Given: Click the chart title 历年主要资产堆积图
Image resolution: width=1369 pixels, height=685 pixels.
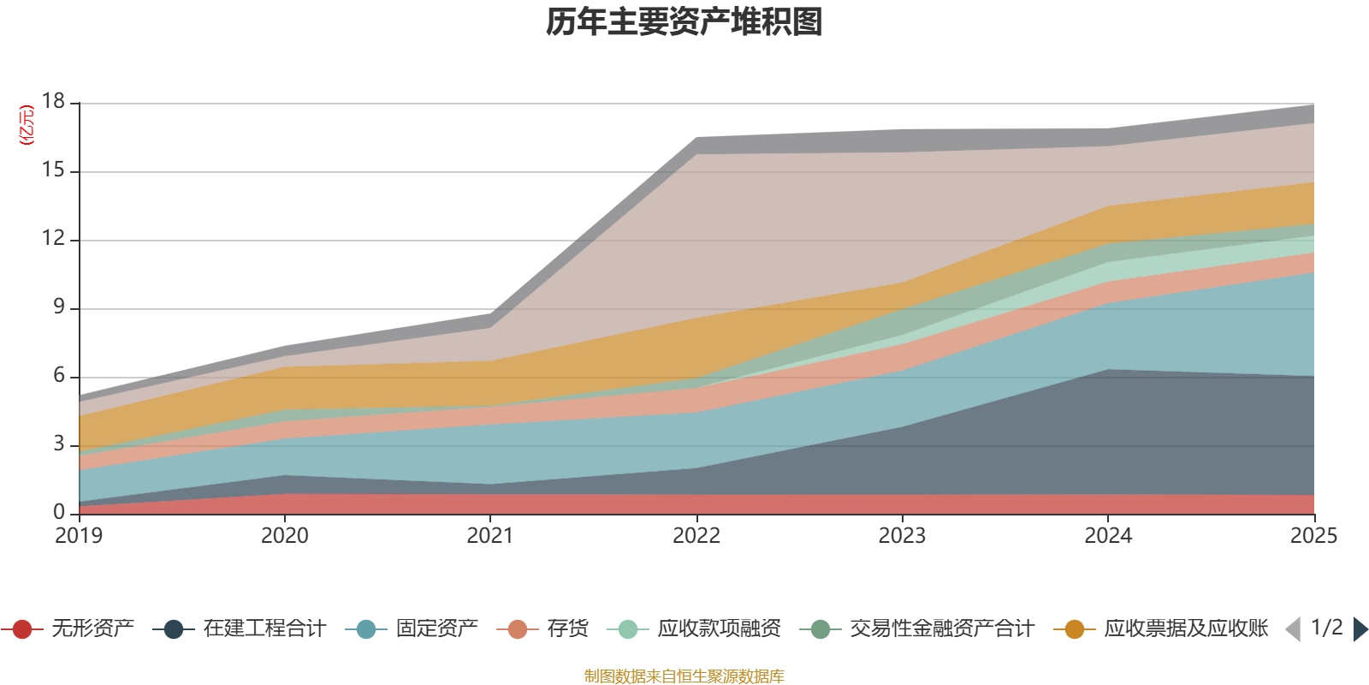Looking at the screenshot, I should coord(684,22).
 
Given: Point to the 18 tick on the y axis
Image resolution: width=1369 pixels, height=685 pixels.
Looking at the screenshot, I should coord(54,101).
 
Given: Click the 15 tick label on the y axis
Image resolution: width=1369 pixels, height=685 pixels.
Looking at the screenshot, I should coord(54,170).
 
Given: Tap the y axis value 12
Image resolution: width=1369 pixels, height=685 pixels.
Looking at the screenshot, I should coord(54,239).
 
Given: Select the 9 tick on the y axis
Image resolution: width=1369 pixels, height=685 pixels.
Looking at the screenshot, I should coord(59,307).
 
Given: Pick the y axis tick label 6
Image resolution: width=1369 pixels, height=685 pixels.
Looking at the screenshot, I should coord(59,375).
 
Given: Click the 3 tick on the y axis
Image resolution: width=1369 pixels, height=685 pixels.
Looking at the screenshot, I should coord(59,444).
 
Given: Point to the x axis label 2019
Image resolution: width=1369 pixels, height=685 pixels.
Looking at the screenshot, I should coord(79,536).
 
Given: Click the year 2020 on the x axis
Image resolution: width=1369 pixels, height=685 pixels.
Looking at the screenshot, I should coord(284,536).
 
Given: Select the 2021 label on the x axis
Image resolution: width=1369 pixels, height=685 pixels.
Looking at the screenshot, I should coord(489,536).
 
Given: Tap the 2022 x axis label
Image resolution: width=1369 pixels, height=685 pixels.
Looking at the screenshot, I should coord(696,536).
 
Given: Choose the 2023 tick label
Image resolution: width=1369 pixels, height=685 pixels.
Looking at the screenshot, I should coord(902,536).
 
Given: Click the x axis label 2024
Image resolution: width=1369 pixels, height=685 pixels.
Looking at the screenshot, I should coord(1108,536).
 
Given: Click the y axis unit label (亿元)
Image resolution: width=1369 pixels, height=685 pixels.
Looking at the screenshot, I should coord(27,125).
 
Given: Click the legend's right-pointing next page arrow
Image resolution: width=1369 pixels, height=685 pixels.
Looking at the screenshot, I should coord(1360,629).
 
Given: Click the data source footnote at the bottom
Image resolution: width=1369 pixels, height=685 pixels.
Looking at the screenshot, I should coord(684,676).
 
